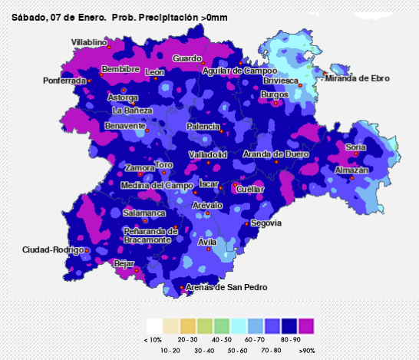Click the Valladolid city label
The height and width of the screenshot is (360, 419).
pyautogui.click(x=208, y=155)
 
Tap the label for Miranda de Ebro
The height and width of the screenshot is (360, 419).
pyautogui.click(x=358, y=78)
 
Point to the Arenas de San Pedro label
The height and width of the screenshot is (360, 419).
pyautogui.click(x=226, y=287)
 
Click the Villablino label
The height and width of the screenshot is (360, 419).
pyautogui.click(x=89, y=42)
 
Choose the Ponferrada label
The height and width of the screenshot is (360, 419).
pyautogui.click(x=64, y=81)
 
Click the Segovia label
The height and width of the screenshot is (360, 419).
pyautogui.click(x=266, y=223)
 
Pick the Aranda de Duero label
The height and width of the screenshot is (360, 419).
pyautogui.click(x=275, y=154)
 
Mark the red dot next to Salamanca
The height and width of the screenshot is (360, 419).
pyautogui.click(x=144, y=221)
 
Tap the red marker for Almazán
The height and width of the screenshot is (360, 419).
pyautogui.click(x=352, y=177)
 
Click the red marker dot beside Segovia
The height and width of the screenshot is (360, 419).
pyautogui.click(x=246, y=223)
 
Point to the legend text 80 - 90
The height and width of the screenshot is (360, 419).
pyautogui.click(x=292, y=339)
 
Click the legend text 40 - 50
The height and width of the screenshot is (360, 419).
pyautogui.click(x=222, y=339)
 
